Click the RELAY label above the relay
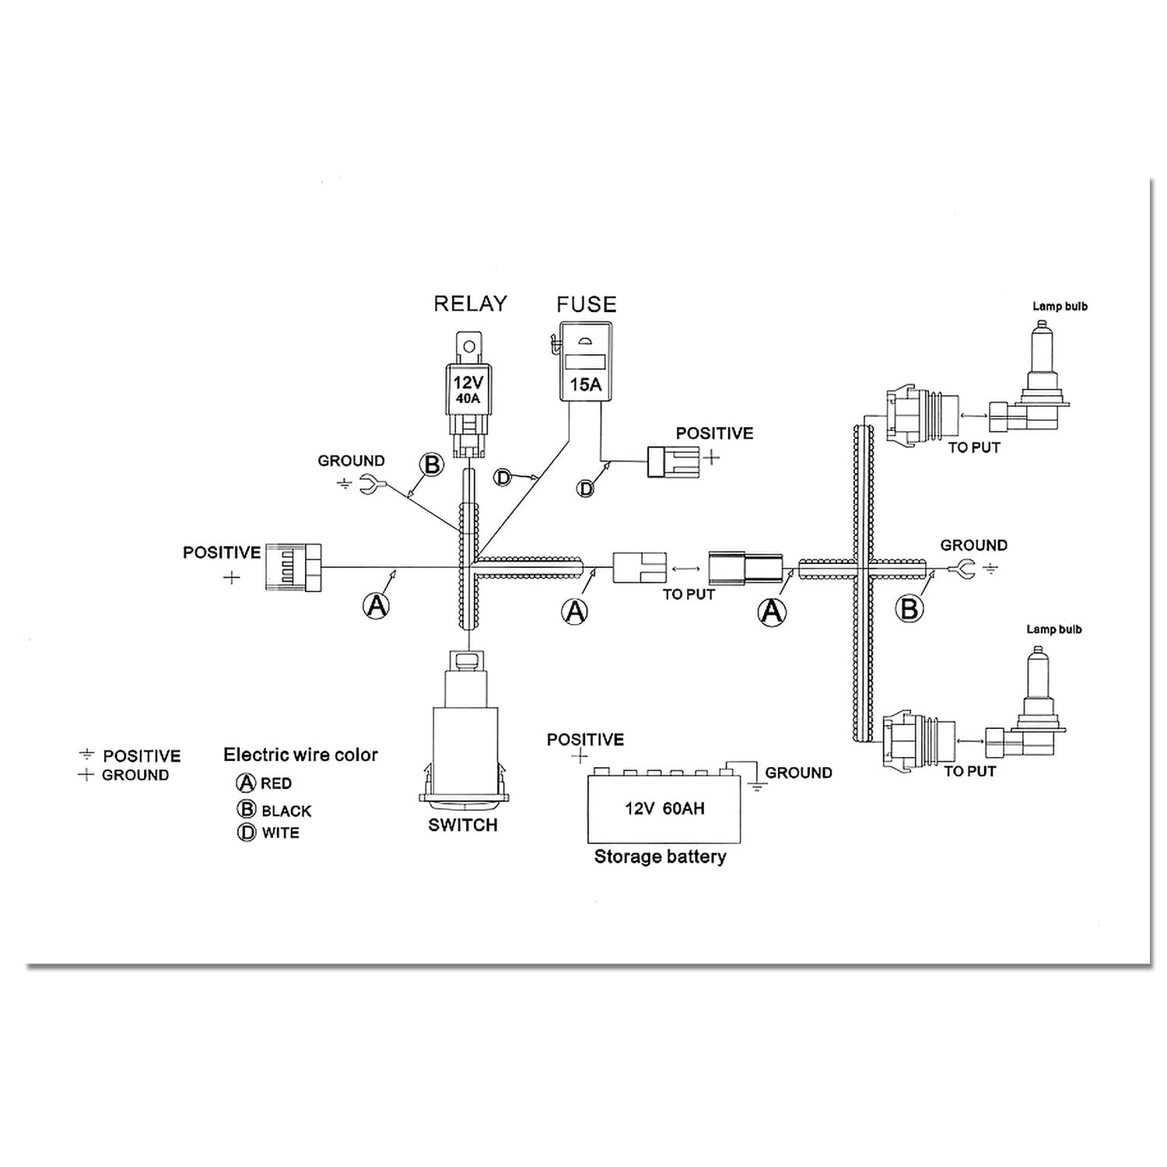[470, 303]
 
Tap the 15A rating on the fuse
[585, 384]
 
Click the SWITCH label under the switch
[462, 825]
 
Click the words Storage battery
[660, 857]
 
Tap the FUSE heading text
[586, 304]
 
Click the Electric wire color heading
[300, 755]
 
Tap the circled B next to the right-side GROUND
[909, 608]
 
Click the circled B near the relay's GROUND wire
[431, 465]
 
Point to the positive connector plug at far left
[293, 568]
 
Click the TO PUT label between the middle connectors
[689, 594]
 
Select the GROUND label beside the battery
[798, 773]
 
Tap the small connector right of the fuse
[674, 461]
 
